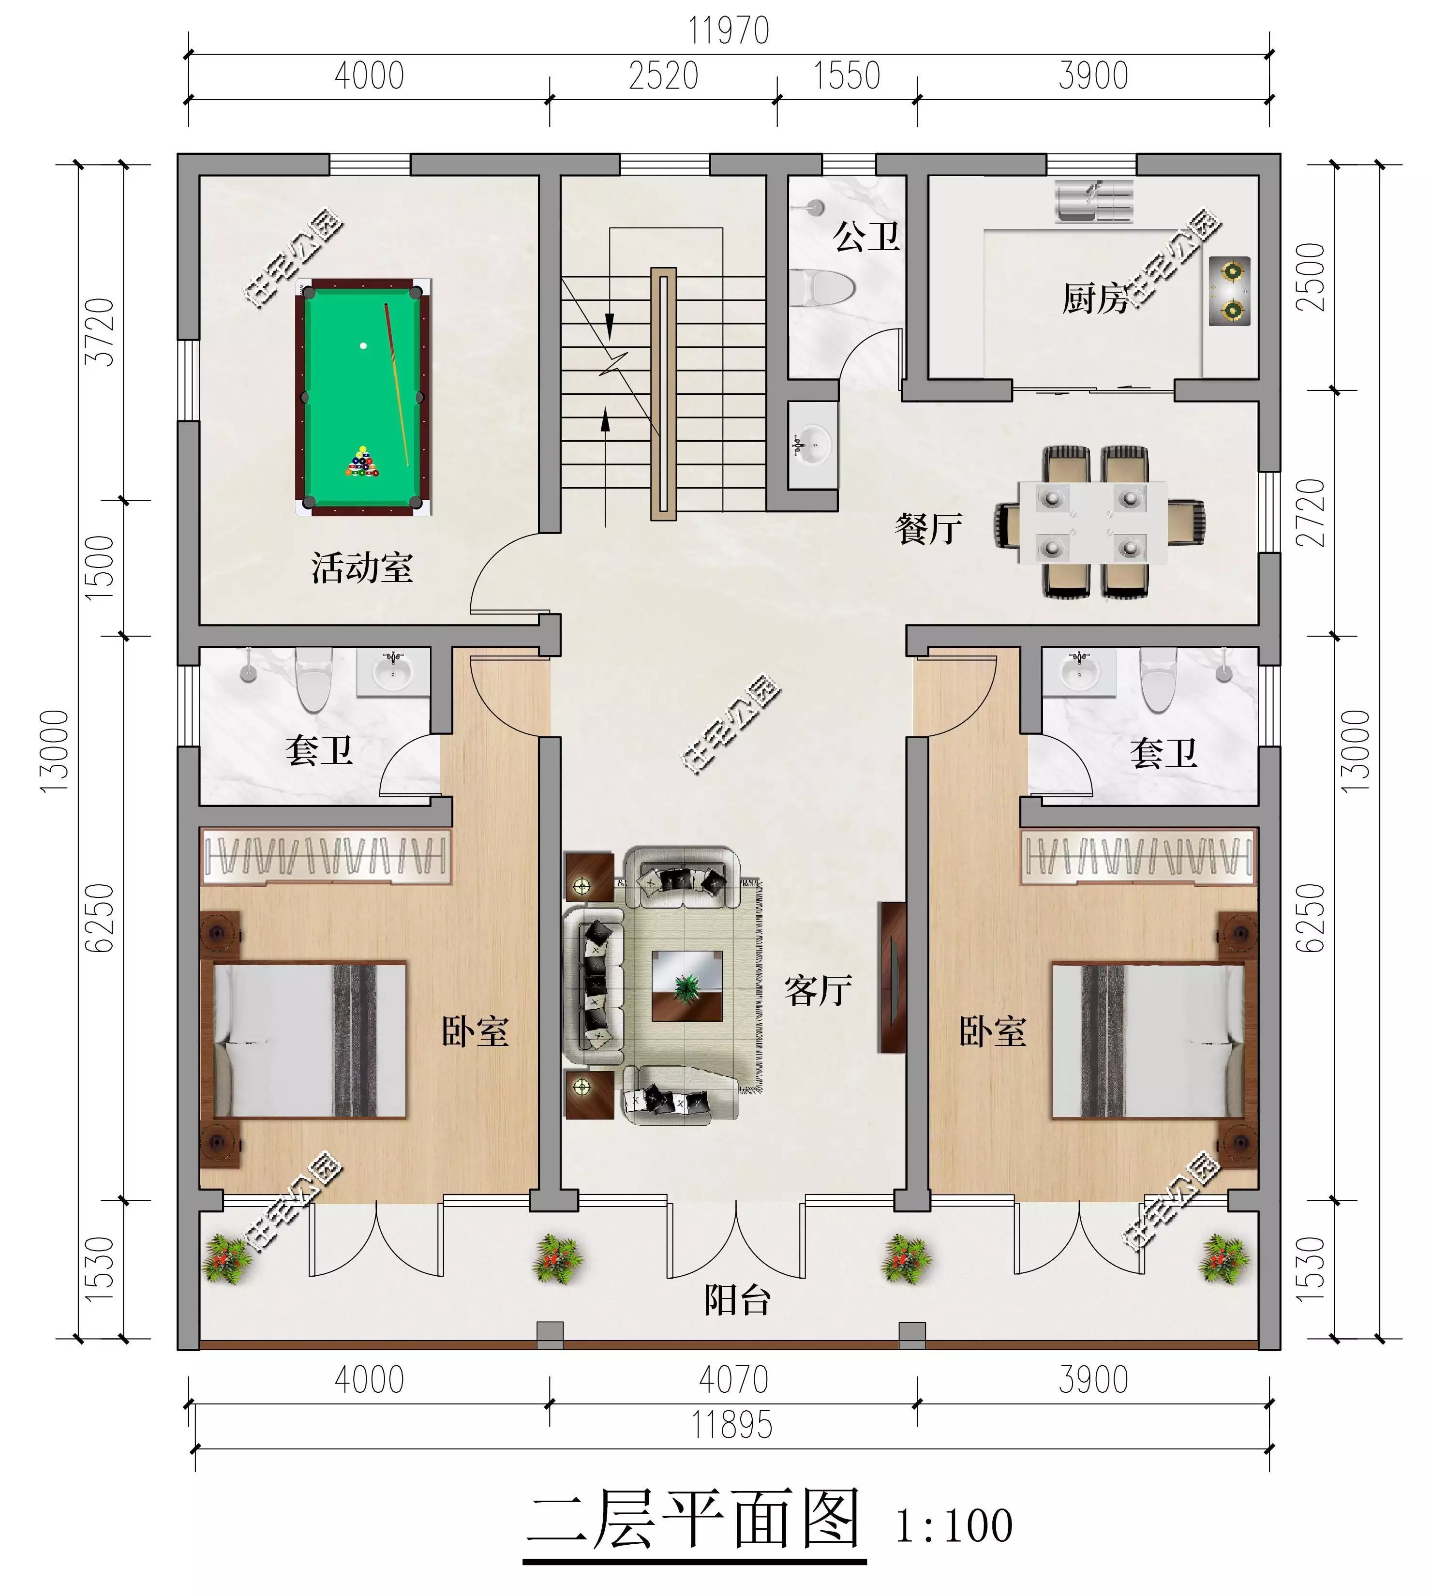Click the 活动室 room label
[x=362, y=567]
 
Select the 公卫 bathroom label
[x=866, y=236]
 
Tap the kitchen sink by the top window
[x=1094, y=201]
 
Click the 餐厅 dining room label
[x=928, y=528]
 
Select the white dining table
[x=1093, y=523]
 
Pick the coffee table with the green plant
[x=686, y=986]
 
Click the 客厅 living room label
[x=819, y=991]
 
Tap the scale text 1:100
[x=954, y=1525]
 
